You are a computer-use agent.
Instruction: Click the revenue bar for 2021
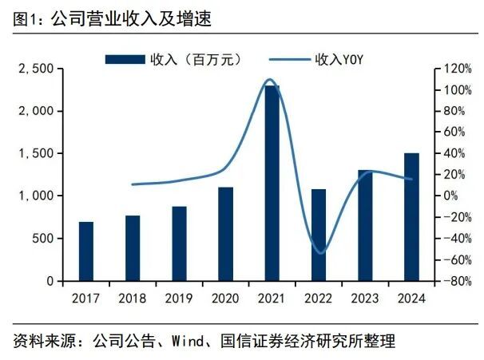click(x=272, y=184)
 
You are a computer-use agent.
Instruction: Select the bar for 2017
click(x=85, y=251)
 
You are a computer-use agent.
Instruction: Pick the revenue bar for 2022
click(x=319, y=235)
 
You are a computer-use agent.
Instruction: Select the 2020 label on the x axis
click(x=225, y=298)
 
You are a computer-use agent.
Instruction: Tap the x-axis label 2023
click(x=365, y=298)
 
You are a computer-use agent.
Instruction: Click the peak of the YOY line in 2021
click(x=269, y=80)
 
